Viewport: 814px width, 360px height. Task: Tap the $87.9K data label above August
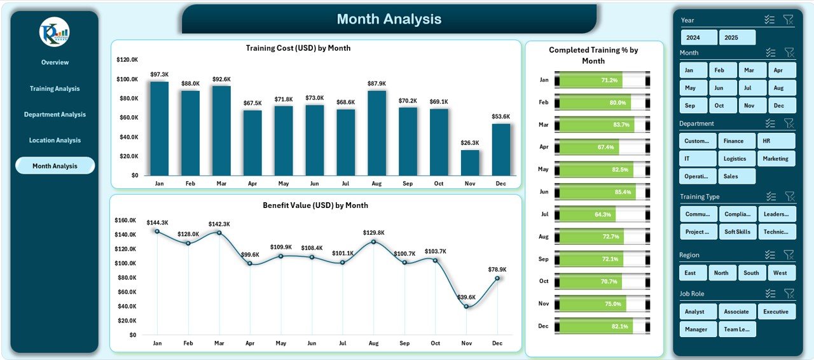click(x=376, y=83)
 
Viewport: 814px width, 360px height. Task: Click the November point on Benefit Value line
click(x=467, y=307)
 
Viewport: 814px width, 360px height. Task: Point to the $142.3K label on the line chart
click(x=219, y=224)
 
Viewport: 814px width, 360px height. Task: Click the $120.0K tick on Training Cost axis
click(x=127, y=60)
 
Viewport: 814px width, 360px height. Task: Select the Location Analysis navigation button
click(x=55, y=141)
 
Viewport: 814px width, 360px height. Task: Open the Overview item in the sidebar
click(x=55, y=62)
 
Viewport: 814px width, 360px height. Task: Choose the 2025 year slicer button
click(x=737, y=38)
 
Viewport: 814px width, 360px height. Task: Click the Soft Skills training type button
click(x=737, y=232)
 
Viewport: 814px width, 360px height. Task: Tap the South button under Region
click(x=751, y=273)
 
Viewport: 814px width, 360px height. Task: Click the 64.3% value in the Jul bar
click(x=603, y=214)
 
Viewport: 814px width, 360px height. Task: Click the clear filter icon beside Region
click(x=789, y=255)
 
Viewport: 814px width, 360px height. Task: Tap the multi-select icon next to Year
click(x=769, y=20)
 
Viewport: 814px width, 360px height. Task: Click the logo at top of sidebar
click(x=54, y=32)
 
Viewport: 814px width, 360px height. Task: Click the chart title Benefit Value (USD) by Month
click(x=315, y=205)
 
